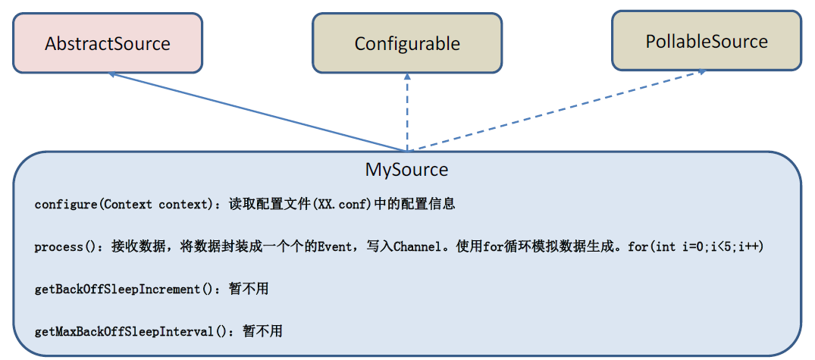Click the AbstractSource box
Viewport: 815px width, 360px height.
[x=108, y=43]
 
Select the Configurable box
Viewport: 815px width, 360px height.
[x=407, y=43]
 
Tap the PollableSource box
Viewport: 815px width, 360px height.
[x=707, y=41]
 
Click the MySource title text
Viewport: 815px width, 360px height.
[x=406, y=169]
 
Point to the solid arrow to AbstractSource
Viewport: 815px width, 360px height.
[x=258, y=112]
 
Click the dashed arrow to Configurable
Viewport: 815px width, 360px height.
[x=407, y=114]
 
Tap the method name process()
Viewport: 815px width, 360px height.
[x=67, y=247]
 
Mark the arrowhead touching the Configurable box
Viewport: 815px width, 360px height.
[x=407, y=77]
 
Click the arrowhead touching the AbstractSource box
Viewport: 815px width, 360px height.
[x=112, y=74]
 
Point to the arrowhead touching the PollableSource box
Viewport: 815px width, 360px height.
[x=701, y=73]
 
